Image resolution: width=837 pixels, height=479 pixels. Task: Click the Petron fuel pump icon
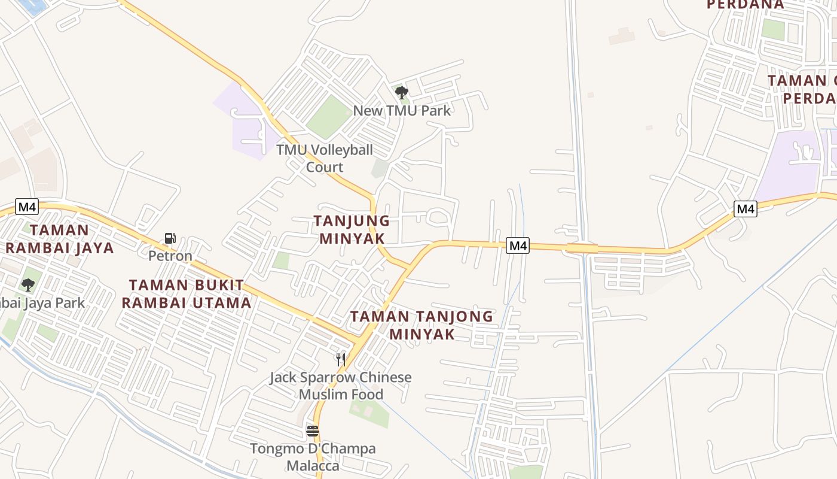[170, 238]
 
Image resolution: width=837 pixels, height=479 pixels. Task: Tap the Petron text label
[170, 256]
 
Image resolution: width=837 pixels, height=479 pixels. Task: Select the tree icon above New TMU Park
[402, 92]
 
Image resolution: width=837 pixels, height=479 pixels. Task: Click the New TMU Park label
[402, 110]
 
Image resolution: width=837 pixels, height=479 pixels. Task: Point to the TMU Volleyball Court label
[324, 158]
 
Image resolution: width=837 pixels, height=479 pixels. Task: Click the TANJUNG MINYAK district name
[352, 230]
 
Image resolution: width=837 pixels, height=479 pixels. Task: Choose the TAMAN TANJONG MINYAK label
[421, 325]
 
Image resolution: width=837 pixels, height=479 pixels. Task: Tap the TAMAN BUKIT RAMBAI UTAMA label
[187, 294]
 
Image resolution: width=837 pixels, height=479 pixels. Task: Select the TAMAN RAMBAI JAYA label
[59, 239]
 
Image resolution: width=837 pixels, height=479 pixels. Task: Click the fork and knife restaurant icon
[341, 359]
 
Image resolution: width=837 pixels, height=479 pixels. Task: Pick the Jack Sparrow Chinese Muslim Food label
[341, 386]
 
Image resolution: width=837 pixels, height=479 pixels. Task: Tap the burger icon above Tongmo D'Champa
[312, 431]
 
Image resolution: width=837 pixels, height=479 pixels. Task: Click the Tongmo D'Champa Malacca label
[313, 457]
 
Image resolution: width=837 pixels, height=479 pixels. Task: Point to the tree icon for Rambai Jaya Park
[28, 284]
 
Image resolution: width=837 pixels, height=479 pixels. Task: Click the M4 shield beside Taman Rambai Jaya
[27, 207]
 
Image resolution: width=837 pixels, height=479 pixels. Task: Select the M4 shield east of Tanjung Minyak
[518, 245]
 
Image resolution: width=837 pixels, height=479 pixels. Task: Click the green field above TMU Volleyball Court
[328, 116]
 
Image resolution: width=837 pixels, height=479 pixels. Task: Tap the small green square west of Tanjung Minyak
[281, 260]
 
